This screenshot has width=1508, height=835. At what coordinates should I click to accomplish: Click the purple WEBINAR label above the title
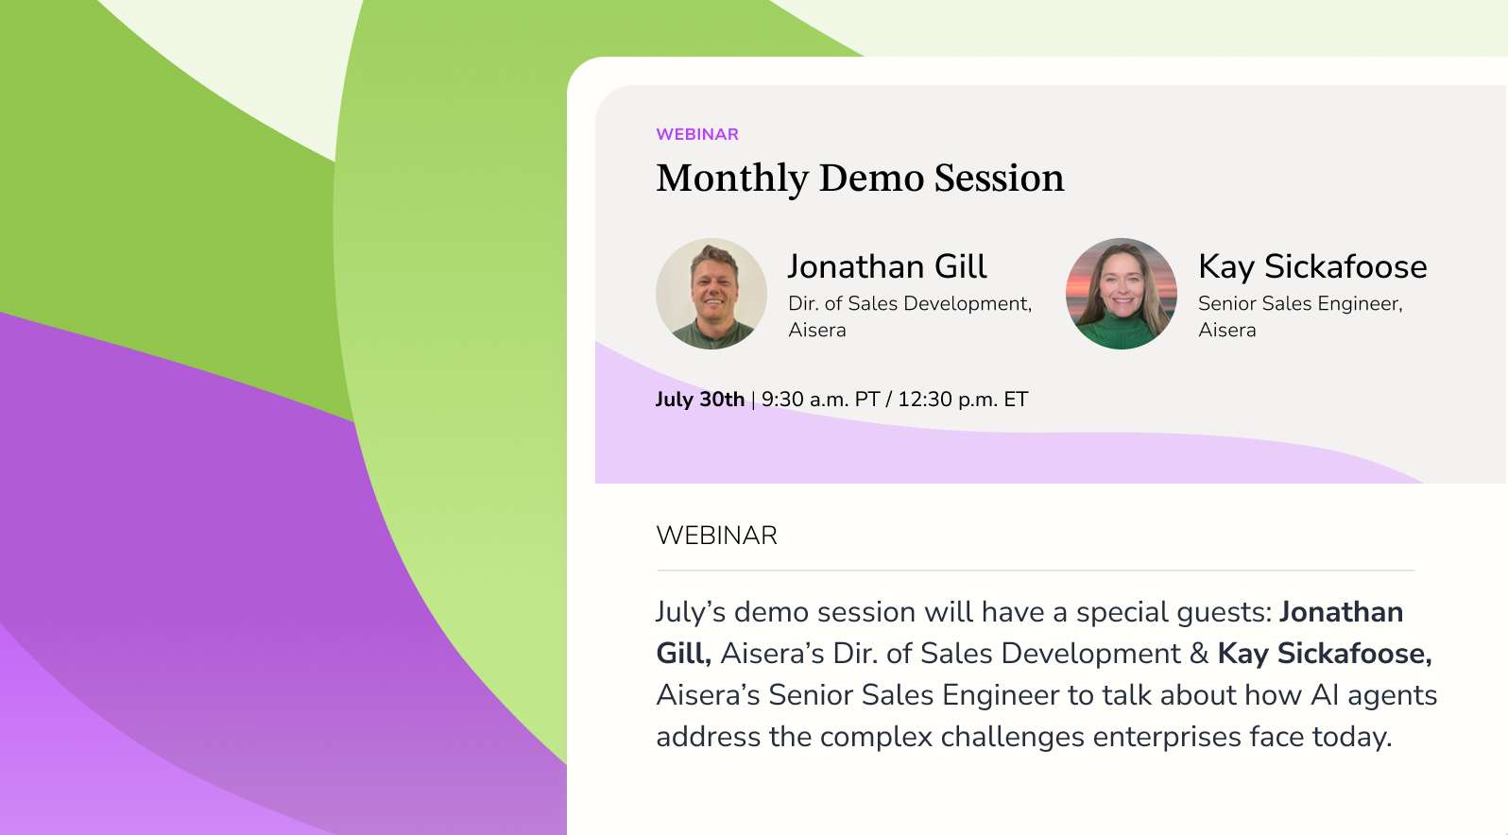[x=696, y=134]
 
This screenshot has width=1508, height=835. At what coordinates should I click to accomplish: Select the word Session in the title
[x=999, y=178]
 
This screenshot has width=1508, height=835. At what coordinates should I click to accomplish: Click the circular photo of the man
[x=711, y=294]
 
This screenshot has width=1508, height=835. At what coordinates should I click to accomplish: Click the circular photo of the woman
[x=1121, y=294]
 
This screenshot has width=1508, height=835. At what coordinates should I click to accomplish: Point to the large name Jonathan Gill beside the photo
[x=887, y=266]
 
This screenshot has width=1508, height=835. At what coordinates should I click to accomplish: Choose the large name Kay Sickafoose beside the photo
[x=1312, y=266]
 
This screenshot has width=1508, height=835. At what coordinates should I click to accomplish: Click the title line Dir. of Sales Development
[x=910, y=303]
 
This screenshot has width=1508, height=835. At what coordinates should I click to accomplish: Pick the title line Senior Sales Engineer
[x=1300, y=303]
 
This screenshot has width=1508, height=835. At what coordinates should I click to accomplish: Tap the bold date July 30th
[x=700, y=399]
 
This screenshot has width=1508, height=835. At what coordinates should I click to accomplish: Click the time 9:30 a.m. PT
[x=820, y=399]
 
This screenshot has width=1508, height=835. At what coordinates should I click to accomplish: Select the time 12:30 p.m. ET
[x=963, y=399]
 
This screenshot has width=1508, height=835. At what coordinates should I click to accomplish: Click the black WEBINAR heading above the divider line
[x=716, y=536]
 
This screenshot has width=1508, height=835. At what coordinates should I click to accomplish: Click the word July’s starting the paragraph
[x=691, y=612]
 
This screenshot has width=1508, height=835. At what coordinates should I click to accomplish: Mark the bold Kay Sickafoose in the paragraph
[x=1324, y=654]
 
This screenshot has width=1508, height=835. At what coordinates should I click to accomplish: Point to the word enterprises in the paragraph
[x=1167, y=737]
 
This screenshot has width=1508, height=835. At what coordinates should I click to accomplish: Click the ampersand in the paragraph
[x=1199, y=654]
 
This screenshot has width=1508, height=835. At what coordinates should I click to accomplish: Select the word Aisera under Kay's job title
[x=1226, y=330]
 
